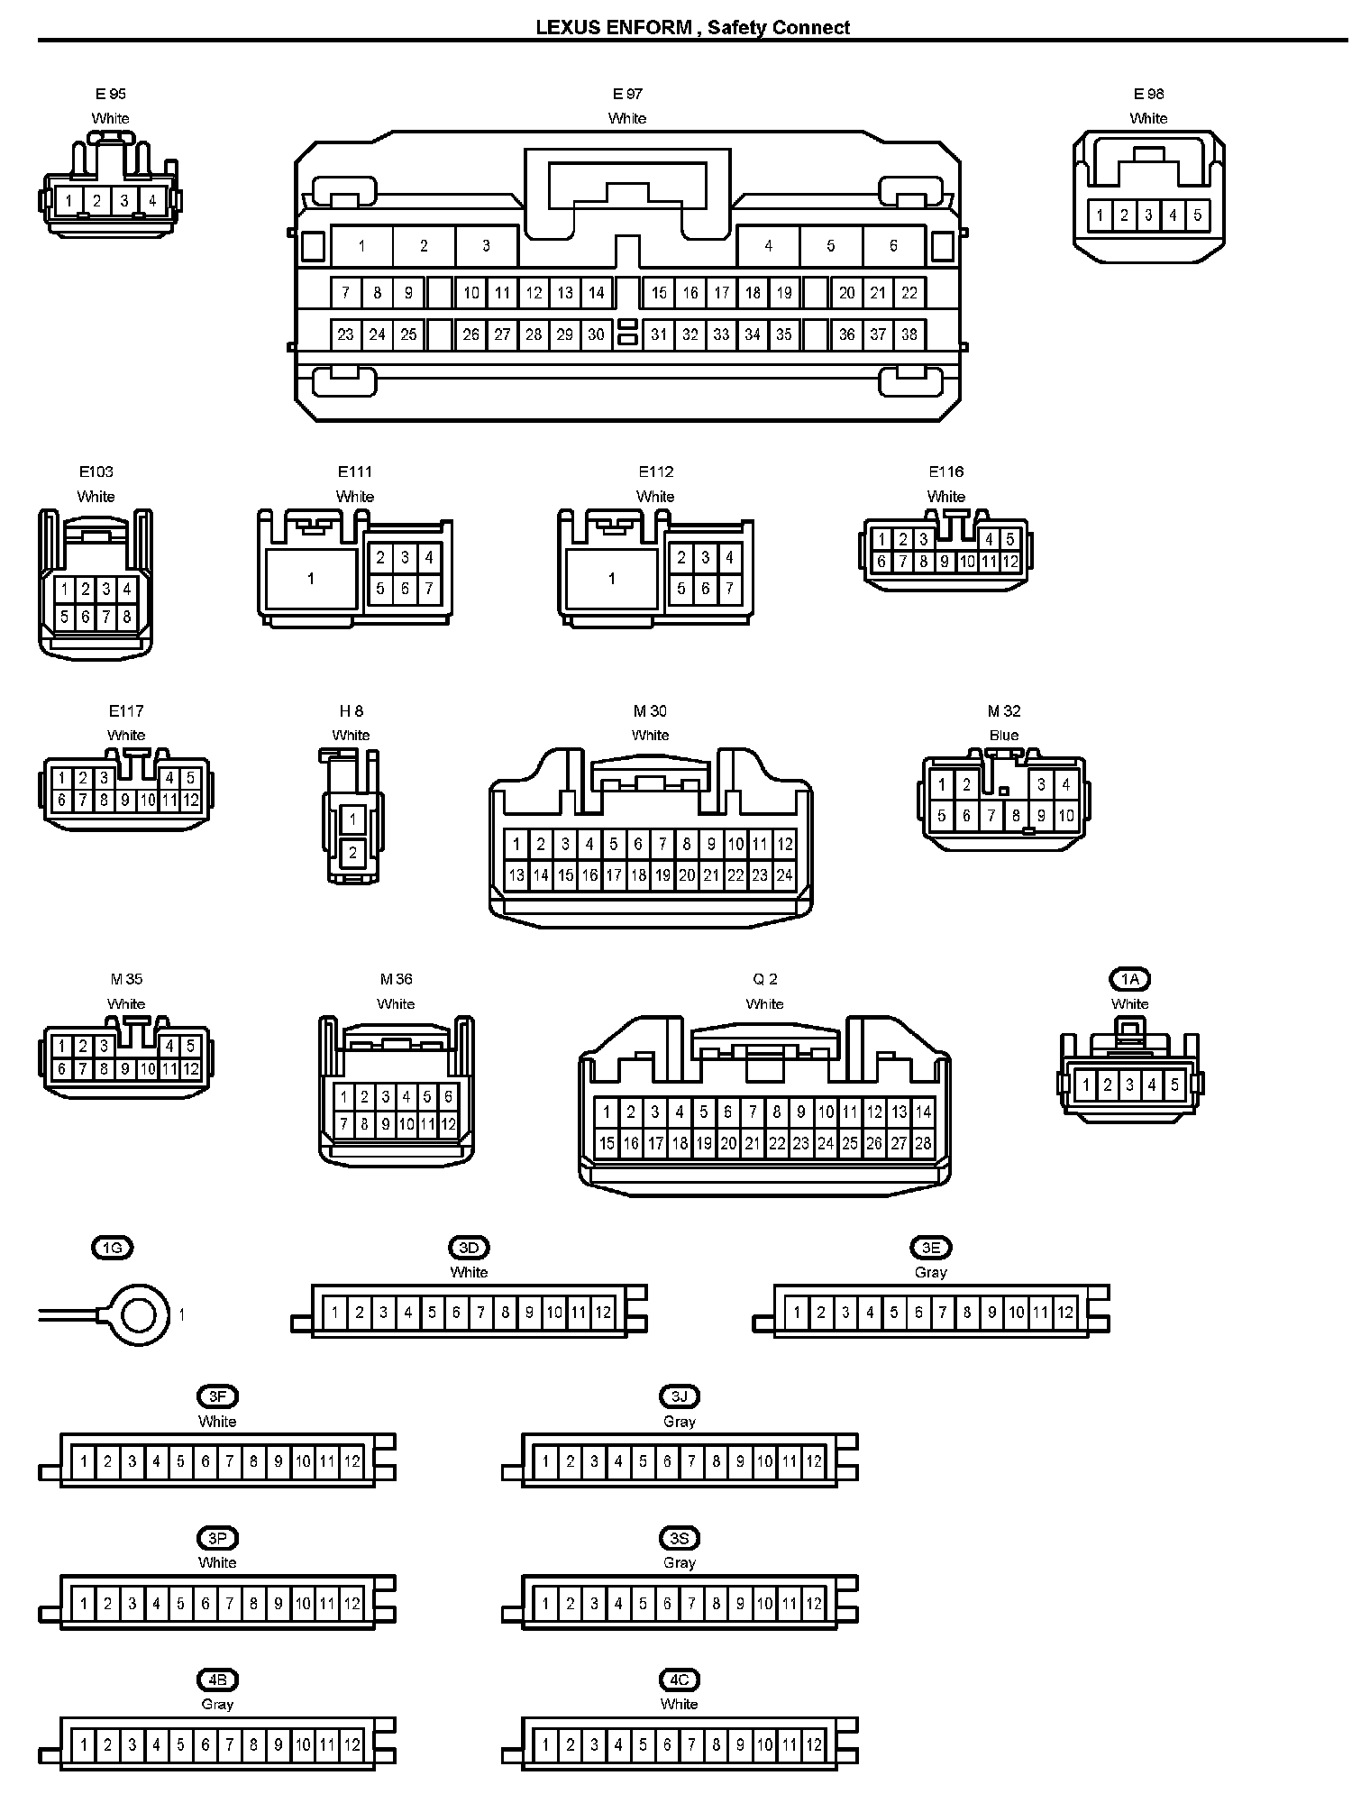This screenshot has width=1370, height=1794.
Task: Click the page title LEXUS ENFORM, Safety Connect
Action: pos(692,27)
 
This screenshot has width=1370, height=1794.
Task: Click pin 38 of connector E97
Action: pos(909,334)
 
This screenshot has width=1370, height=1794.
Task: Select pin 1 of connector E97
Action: pos(361,245)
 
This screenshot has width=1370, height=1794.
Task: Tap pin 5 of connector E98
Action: pos(1197,215)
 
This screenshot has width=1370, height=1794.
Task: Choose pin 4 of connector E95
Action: pos(152,200)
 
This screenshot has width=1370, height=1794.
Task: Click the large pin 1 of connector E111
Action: pos(311,578)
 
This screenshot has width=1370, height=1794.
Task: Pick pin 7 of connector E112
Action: pos(729,589)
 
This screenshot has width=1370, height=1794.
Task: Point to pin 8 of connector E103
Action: pos(127,618)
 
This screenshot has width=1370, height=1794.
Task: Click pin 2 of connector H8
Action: pos(352,852)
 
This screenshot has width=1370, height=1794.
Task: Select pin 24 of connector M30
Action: pos(784,874)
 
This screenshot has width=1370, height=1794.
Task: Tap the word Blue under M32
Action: pos(1004,735)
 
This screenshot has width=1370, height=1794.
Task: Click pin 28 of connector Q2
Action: pos(923,1143)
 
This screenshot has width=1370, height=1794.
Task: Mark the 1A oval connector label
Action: pos(1130,979)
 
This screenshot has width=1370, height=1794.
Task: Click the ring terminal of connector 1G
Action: pos(139,1314)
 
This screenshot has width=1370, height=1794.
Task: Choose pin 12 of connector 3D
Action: pos(603,1313)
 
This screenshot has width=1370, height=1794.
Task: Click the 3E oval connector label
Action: pos(931,1248)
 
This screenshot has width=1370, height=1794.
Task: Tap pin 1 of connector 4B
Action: pos(84,1744)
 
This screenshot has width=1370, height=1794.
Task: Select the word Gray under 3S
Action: pos(680,1562)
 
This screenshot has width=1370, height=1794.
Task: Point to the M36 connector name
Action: pos(396,979)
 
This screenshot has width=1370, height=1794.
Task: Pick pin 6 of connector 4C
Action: pos(667,1744)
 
